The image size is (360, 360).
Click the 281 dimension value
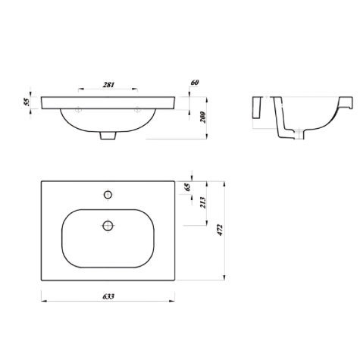[x=108, y=85]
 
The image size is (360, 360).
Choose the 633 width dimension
[x=108, y=296]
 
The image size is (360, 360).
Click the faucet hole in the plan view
[x=108, y=196]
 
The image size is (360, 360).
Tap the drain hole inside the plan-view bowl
[x=108, y=225]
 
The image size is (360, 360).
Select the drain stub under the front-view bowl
[x=108, y=136]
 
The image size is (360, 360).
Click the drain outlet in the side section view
[x=289, y=135]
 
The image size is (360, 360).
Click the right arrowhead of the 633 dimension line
[x=176, y=301]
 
